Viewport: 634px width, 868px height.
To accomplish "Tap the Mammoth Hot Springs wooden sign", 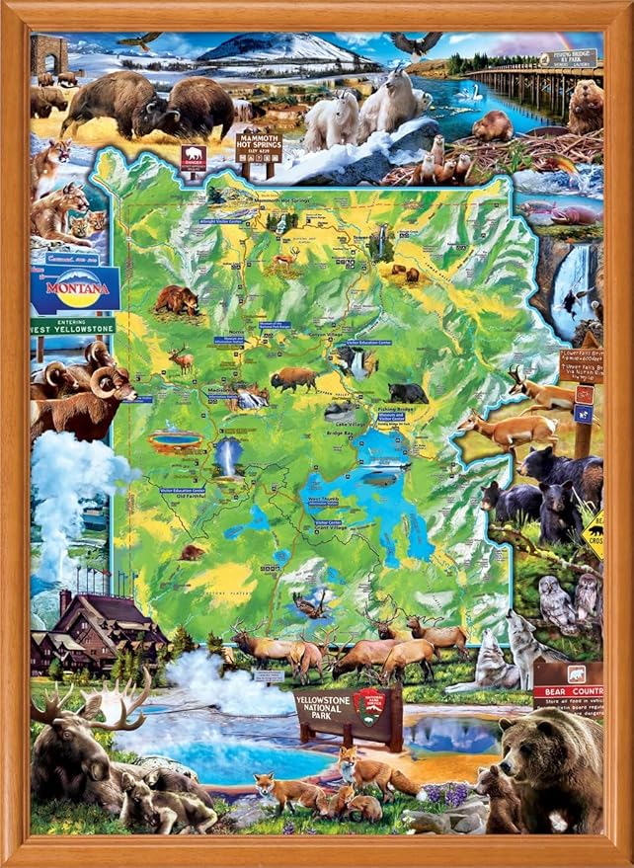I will (257, 147).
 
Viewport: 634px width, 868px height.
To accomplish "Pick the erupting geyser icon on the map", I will (228, 459).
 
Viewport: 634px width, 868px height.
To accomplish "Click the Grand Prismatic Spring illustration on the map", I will (175, 440).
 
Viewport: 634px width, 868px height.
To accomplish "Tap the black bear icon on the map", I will (408, 392).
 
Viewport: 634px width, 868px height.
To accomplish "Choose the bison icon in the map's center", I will (293, 378).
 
